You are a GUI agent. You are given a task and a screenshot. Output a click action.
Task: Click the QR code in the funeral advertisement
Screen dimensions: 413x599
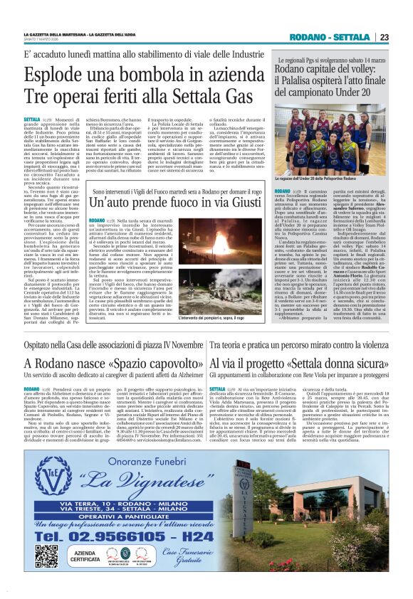[46, 555]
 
